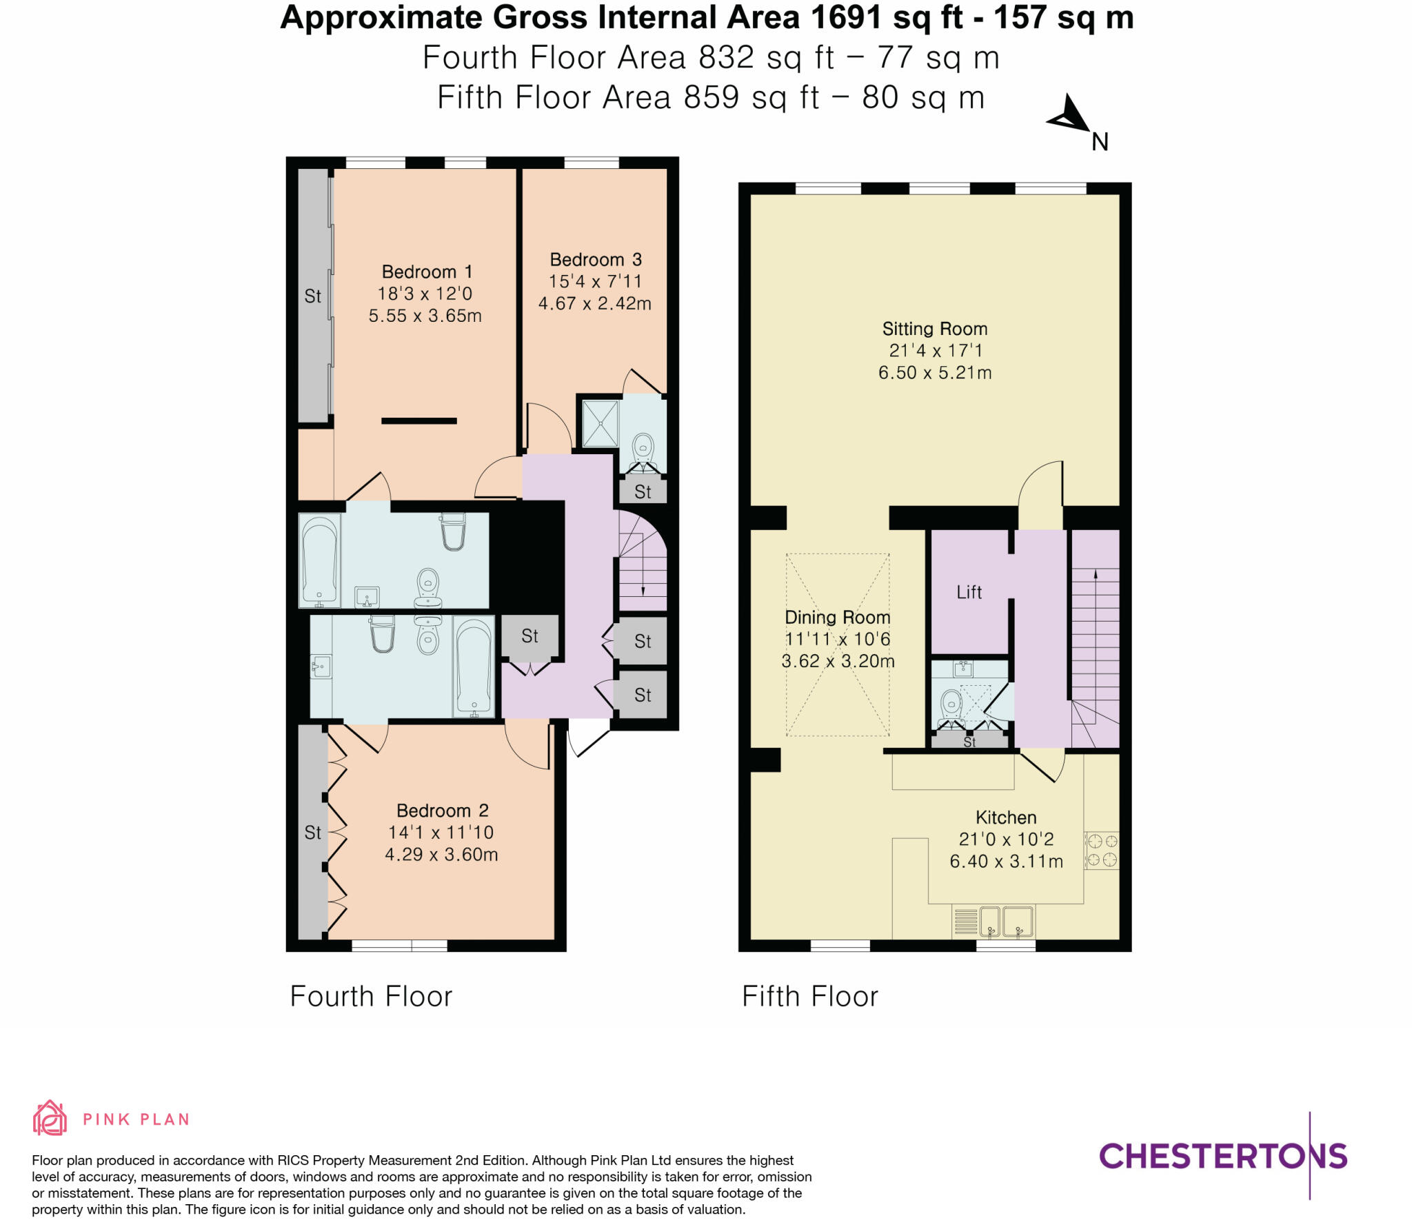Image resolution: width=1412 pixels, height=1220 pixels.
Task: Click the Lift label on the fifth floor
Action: click(969, 592)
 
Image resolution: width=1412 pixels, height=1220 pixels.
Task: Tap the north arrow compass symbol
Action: click(1069, 116)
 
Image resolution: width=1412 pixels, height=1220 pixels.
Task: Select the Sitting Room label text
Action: click(934, 329)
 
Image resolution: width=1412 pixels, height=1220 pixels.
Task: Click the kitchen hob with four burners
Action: click(1101, 850)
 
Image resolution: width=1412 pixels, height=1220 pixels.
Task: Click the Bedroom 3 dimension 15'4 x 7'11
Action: click(595, 281)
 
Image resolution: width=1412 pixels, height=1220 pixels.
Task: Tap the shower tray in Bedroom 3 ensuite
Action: click(599, 423)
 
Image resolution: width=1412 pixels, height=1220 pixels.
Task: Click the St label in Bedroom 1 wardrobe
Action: click(312, 296)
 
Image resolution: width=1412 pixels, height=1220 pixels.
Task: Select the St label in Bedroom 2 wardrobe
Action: click(312, 833)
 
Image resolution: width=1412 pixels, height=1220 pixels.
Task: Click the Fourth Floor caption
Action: click(371, 997)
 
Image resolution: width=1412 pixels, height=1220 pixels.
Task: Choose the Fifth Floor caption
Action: click(809, 997)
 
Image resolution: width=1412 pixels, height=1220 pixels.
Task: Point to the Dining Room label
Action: click(837, 618)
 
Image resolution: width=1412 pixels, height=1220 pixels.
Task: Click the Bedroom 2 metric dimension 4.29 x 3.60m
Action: click(441, 855)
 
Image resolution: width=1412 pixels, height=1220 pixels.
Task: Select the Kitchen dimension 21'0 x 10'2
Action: click(1006, 840)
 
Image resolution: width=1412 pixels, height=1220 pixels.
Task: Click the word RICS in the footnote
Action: click(296, 1161)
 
